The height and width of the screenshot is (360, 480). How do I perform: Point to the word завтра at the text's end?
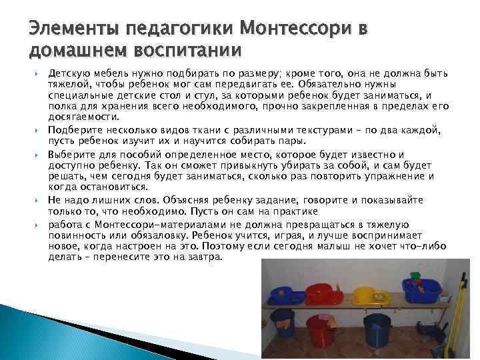(x=202, y=256)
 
